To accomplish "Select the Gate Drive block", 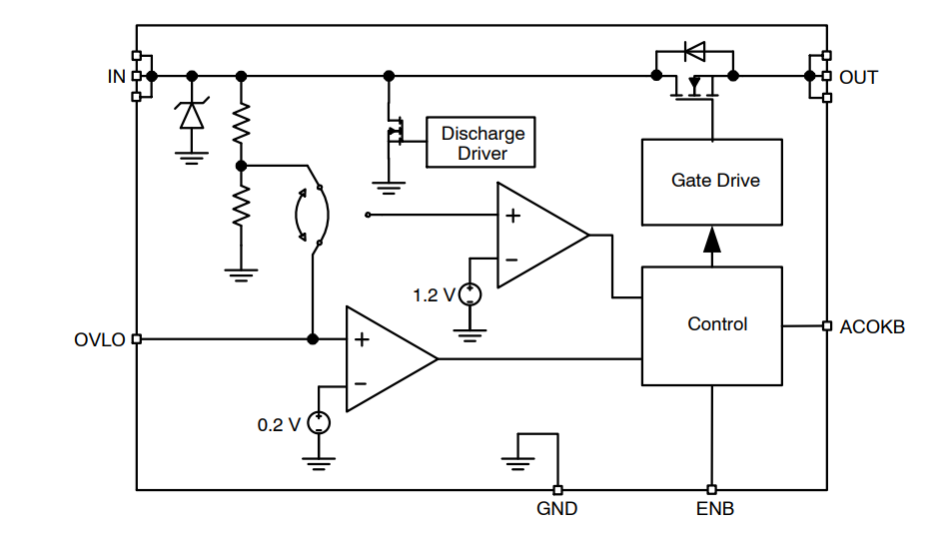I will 711,182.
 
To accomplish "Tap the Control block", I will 711,325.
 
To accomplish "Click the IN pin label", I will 116,77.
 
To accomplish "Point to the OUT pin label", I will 858,77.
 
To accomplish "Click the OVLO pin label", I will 100,339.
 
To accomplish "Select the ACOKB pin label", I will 872,326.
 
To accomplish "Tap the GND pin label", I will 556,509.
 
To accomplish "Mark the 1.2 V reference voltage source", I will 470,294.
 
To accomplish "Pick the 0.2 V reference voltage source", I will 319,422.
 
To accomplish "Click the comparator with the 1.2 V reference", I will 539,236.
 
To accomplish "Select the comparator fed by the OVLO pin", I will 389,358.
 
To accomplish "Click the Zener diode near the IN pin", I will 191,115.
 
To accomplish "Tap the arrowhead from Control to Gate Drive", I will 711,243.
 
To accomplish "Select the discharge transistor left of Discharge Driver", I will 393,131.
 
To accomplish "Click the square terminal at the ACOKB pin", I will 826,325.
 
